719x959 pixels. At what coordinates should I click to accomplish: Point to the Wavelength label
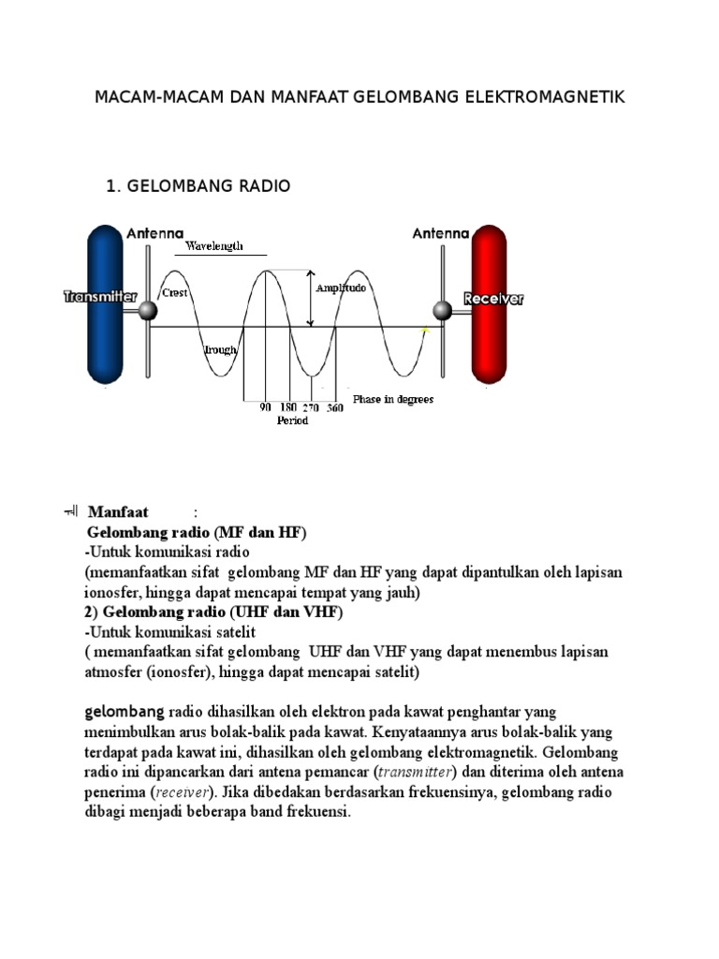213,246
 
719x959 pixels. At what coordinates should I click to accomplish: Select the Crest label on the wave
175,292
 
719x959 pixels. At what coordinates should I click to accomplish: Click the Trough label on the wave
221,350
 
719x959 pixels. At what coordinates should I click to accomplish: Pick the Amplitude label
341,288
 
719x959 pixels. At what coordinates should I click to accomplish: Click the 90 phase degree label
265,408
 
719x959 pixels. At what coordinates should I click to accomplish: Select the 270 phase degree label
311,408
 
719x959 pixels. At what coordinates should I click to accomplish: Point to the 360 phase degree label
334,408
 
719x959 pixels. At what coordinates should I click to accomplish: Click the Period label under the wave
292,420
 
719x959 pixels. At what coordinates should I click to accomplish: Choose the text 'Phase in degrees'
393,400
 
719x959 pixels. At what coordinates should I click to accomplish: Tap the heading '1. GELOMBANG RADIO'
198,186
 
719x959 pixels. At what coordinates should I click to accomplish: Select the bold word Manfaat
119,512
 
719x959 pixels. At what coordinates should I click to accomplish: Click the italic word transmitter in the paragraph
415,773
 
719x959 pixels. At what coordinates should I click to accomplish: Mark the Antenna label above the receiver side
441,233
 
